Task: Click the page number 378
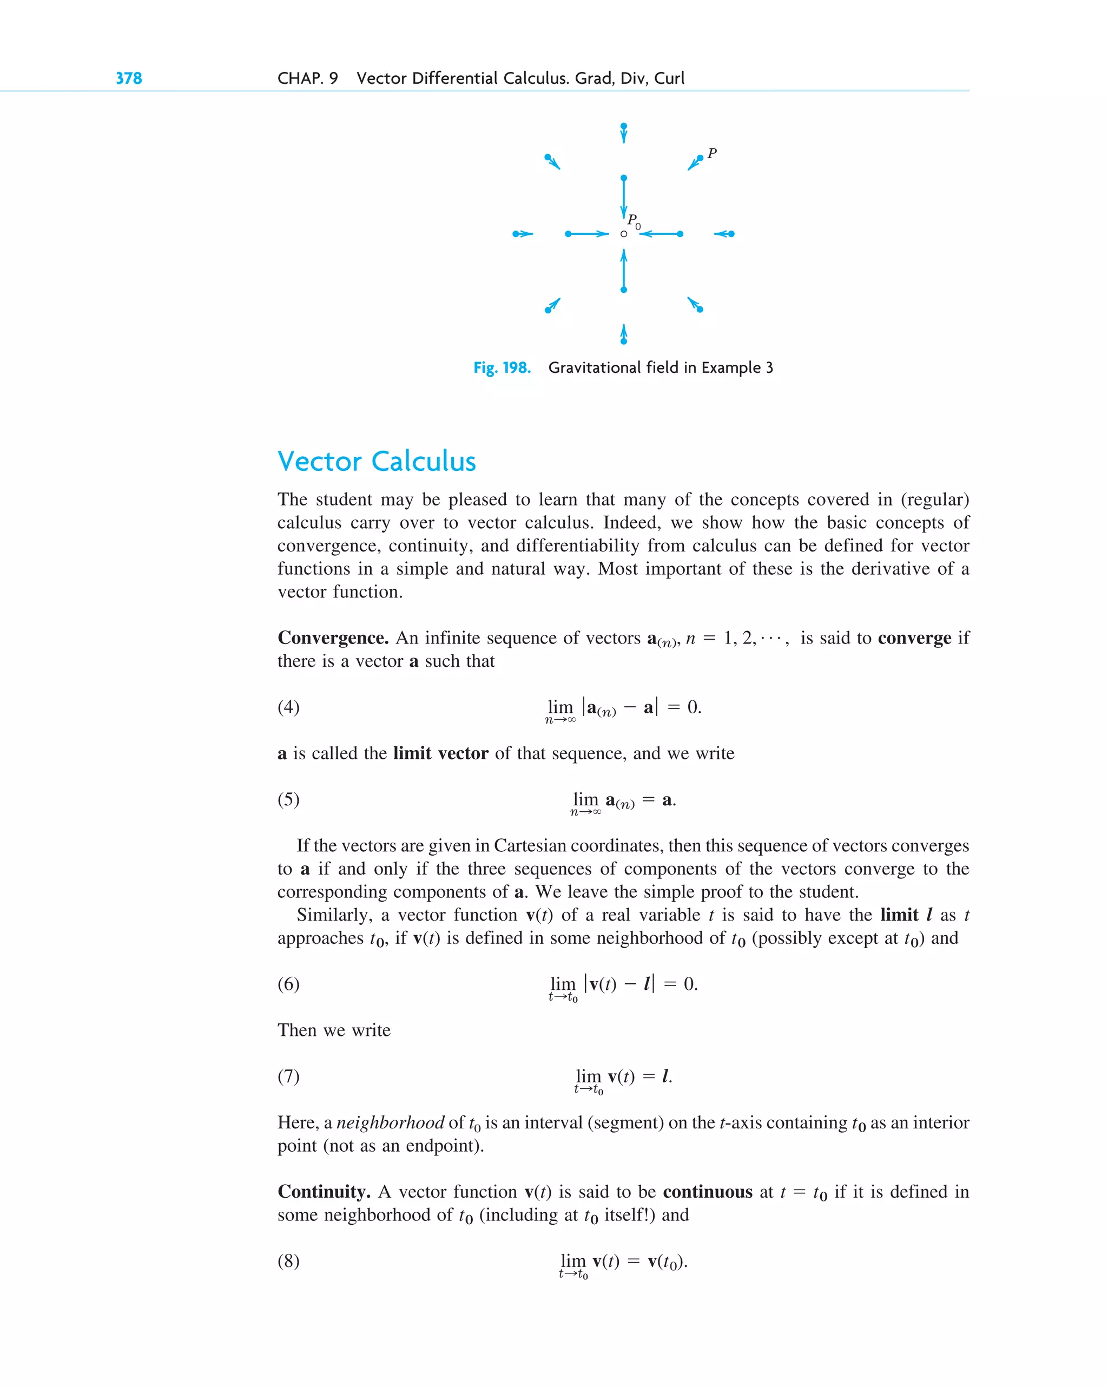129,78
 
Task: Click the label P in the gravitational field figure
711,154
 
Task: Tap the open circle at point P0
623,234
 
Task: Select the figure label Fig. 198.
502,367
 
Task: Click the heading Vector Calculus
376,462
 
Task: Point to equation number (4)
288,707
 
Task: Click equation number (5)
288,800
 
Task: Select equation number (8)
288,1262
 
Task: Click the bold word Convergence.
333,638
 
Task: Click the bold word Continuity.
324,1192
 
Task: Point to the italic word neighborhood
390,1123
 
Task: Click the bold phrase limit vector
440,753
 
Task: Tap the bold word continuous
707,1192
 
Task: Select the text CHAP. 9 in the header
307,78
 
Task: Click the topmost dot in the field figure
623,126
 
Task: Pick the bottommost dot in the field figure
623,341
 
